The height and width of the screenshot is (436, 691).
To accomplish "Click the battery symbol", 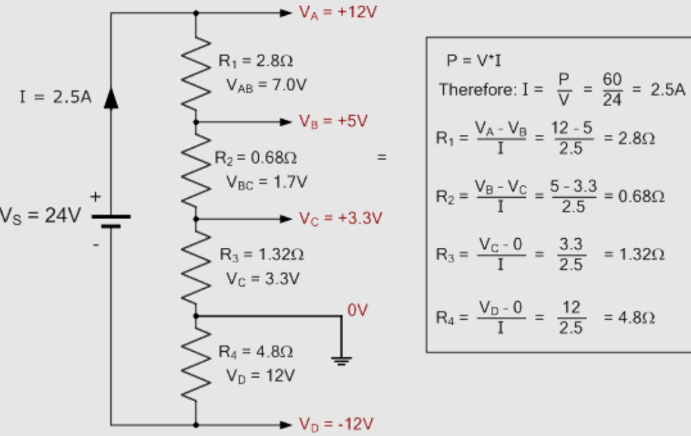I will click(110, 220).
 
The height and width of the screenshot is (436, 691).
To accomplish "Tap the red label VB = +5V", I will click(334, 122).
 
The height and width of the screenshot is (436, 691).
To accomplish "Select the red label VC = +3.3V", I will click(340, 219).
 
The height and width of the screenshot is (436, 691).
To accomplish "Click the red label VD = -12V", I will click(336, 424).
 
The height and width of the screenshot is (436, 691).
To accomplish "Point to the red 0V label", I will click(357, 311).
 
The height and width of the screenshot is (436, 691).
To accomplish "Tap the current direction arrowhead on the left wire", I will click(111, 99).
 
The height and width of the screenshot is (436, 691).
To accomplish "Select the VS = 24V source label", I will click(39, 216).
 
